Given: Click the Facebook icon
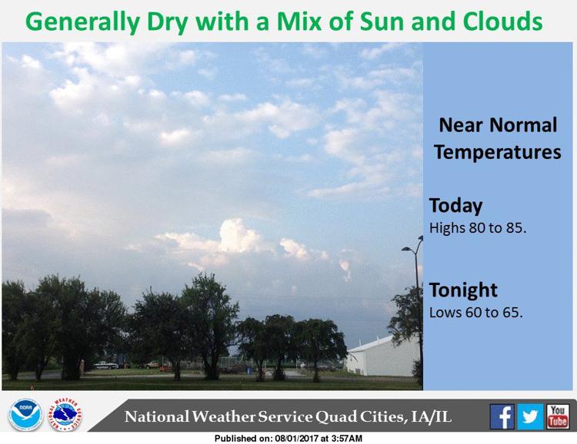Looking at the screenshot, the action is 502,416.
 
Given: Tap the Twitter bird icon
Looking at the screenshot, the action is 530,416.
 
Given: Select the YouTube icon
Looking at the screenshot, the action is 558,416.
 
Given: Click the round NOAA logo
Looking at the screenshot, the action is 25,415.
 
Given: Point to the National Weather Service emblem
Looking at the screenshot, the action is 65,415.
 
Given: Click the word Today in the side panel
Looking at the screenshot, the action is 455,206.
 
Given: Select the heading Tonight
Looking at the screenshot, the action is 463,290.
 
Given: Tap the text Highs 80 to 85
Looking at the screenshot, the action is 478,228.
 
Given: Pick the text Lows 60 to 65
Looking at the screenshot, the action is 475,313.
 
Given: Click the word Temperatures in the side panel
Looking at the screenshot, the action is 498,153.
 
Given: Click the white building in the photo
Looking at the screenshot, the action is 382,356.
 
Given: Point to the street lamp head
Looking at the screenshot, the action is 406,249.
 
